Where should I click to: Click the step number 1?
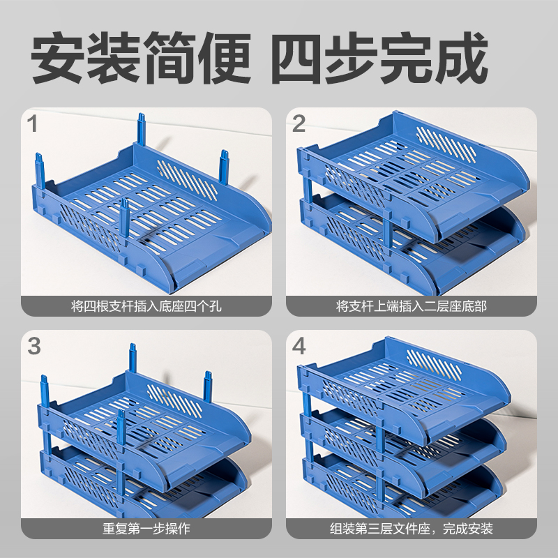pos(32,124)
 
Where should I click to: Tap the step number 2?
pos(299,124)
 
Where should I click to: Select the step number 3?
pos(34,346)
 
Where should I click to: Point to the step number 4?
pos(299,346)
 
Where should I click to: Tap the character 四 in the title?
pos(299,58)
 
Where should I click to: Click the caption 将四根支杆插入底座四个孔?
pos(146,306)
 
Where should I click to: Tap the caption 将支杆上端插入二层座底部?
pos(412,306)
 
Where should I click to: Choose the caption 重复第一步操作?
pos(146,529)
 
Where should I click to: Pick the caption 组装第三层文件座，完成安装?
pos(412,529)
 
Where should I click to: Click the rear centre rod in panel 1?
pos(142,130)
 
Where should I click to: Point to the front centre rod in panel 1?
pos(124,222)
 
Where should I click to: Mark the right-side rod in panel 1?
pos(224,167)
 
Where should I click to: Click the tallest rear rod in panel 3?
pos(133,359)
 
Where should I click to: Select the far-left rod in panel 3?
pos(45,391)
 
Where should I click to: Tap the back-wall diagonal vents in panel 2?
pos(446,143)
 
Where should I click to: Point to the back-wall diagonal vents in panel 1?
pos(187,181)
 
